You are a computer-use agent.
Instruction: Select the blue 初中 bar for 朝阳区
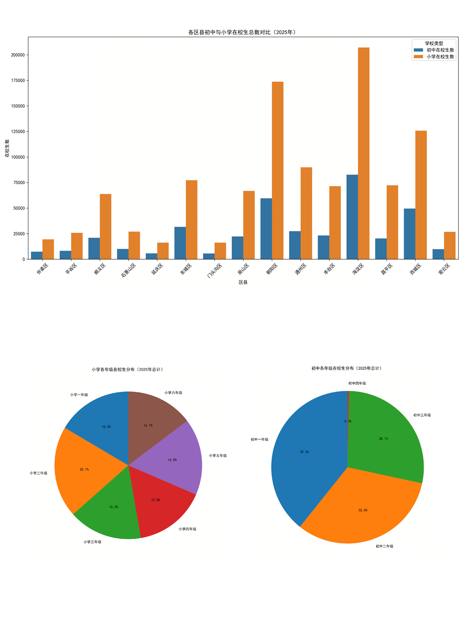click(266, 229)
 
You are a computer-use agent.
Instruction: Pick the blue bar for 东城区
click(180, 243)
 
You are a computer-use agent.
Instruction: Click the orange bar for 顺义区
click(105, 226)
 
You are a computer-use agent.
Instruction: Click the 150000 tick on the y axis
click(18, 106)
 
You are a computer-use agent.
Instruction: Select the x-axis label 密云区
click(444, 269)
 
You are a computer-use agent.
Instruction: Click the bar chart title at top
click(243, 32)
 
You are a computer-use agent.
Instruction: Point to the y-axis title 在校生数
click(7, 148)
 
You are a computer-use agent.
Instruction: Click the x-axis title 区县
click(243, 282)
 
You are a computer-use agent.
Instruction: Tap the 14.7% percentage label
click(148, 425)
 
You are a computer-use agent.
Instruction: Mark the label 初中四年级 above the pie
click(357, 383)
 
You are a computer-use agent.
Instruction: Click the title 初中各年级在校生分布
click(347, 368)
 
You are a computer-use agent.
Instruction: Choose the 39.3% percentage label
click(304, 452)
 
